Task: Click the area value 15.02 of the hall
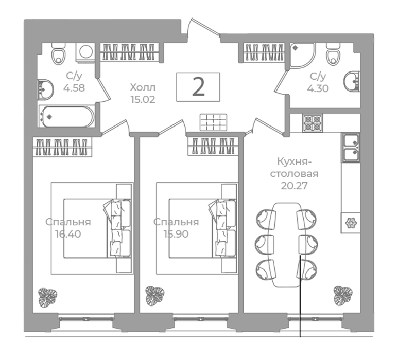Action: click(x=143, y=100)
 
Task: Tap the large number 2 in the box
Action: click(x=198, y=87)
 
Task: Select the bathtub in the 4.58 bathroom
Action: click(x=66, y=117)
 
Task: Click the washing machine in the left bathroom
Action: click(x=85, y=52)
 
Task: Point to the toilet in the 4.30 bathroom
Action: click(x=333, y=54)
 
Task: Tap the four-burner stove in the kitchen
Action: click(x=313, y=123)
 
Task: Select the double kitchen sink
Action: click(x=351, y=147)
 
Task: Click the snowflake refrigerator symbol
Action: click(x=351, y=223)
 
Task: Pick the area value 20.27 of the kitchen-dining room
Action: click(x=294, y=186)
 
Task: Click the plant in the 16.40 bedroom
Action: click(x=47, y=297)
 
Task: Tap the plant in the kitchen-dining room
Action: click(x=343, y=296)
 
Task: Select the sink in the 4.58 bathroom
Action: click(x=45, y=89)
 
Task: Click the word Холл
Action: click(x=143, y=88)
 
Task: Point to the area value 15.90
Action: click(x=176, y=234)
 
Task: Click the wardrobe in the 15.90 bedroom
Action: click(x=213, y=146)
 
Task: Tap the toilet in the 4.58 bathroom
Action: click(x=58, y=54)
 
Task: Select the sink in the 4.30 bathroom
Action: click(x=352, y=81)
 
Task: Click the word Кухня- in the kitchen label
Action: click(x=294, y=161)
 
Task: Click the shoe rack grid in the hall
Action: click(x=213, y=122)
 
